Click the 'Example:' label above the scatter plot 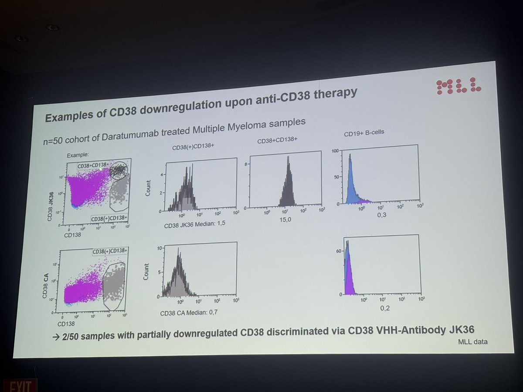pyautogui.click(x=78, y=155)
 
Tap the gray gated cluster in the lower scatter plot pyautogui.click(x=114, y=285)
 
